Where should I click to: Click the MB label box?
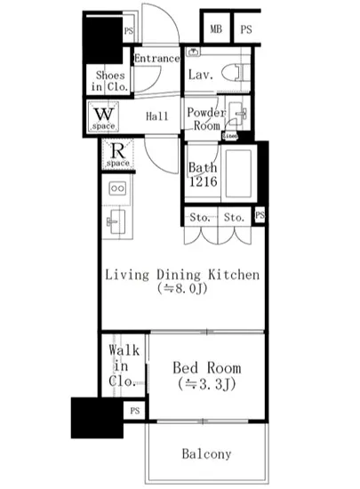coord(216,28)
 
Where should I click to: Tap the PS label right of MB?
coord(245,28)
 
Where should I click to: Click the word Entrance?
coord(156,59)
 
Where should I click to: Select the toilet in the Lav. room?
coord(233,75)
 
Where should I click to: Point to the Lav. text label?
coord(200,76)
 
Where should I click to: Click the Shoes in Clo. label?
coord(110,81)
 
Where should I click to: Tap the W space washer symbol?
coord(103,116)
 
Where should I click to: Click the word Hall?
coord(157,116)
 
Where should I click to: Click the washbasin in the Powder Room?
coord(237,114)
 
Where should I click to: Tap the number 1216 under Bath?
coord(202,181)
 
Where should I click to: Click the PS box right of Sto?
coord(259,216)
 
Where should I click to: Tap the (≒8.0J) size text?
coord(182,290)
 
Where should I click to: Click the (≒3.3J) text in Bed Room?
coord(206,384)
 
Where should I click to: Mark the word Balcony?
coord(206,453)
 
